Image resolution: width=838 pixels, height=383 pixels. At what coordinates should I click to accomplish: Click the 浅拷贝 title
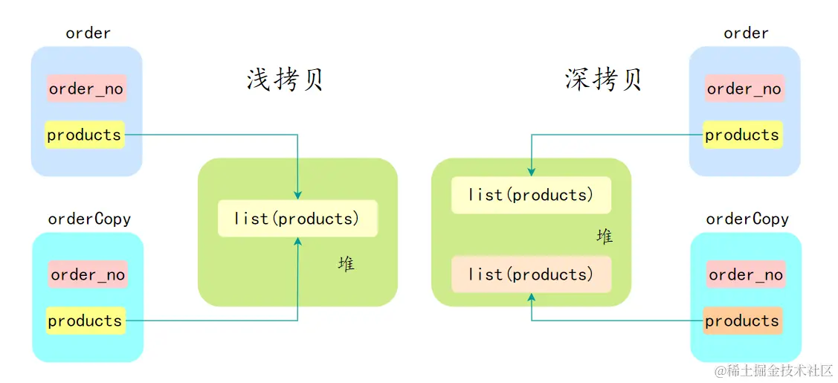(x=285, y=79)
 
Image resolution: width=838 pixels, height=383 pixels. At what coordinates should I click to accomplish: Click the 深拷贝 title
(x=603, y=79)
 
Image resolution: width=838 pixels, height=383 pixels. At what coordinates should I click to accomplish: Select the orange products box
(x=742, y=321)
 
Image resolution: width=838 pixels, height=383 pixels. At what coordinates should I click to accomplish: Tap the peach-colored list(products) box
(x=531, y=274)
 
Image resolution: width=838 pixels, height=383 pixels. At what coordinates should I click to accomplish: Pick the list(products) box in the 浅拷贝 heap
(x=297, y=219)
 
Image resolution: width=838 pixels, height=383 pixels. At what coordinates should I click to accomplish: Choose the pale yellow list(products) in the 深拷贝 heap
(x=531, y=195)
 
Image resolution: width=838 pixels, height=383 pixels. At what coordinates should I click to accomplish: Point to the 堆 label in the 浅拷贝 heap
(x=346, y=263)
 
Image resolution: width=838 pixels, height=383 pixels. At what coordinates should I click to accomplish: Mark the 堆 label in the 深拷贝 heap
(x=605, y=236)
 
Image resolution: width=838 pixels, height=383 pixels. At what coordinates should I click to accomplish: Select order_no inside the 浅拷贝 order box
(x=86, y=89)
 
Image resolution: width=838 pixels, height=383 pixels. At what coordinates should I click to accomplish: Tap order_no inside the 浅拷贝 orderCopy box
(x=87, y=274)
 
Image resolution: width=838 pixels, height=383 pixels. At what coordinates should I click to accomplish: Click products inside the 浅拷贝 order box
(x=84, y=135)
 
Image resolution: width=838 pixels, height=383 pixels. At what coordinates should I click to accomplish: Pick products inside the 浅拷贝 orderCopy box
(x=85, y=321)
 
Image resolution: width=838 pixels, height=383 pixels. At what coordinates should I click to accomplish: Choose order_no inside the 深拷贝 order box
(x=744, y=89)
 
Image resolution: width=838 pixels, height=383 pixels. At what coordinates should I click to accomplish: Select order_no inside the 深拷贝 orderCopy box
(x=745, y=274)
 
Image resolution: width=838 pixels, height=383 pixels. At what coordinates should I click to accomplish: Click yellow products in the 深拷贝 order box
(x=742, y=135)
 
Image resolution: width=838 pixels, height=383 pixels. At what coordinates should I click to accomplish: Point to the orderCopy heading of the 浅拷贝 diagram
(x=89, y=219)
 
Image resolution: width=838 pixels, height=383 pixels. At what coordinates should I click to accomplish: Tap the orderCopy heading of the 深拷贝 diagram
(x=747, y=219)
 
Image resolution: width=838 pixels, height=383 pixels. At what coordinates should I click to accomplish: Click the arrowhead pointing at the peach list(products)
(x=531, y=297)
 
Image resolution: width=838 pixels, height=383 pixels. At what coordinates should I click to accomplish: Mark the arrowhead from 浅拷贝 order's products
(x=297, y=195)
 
